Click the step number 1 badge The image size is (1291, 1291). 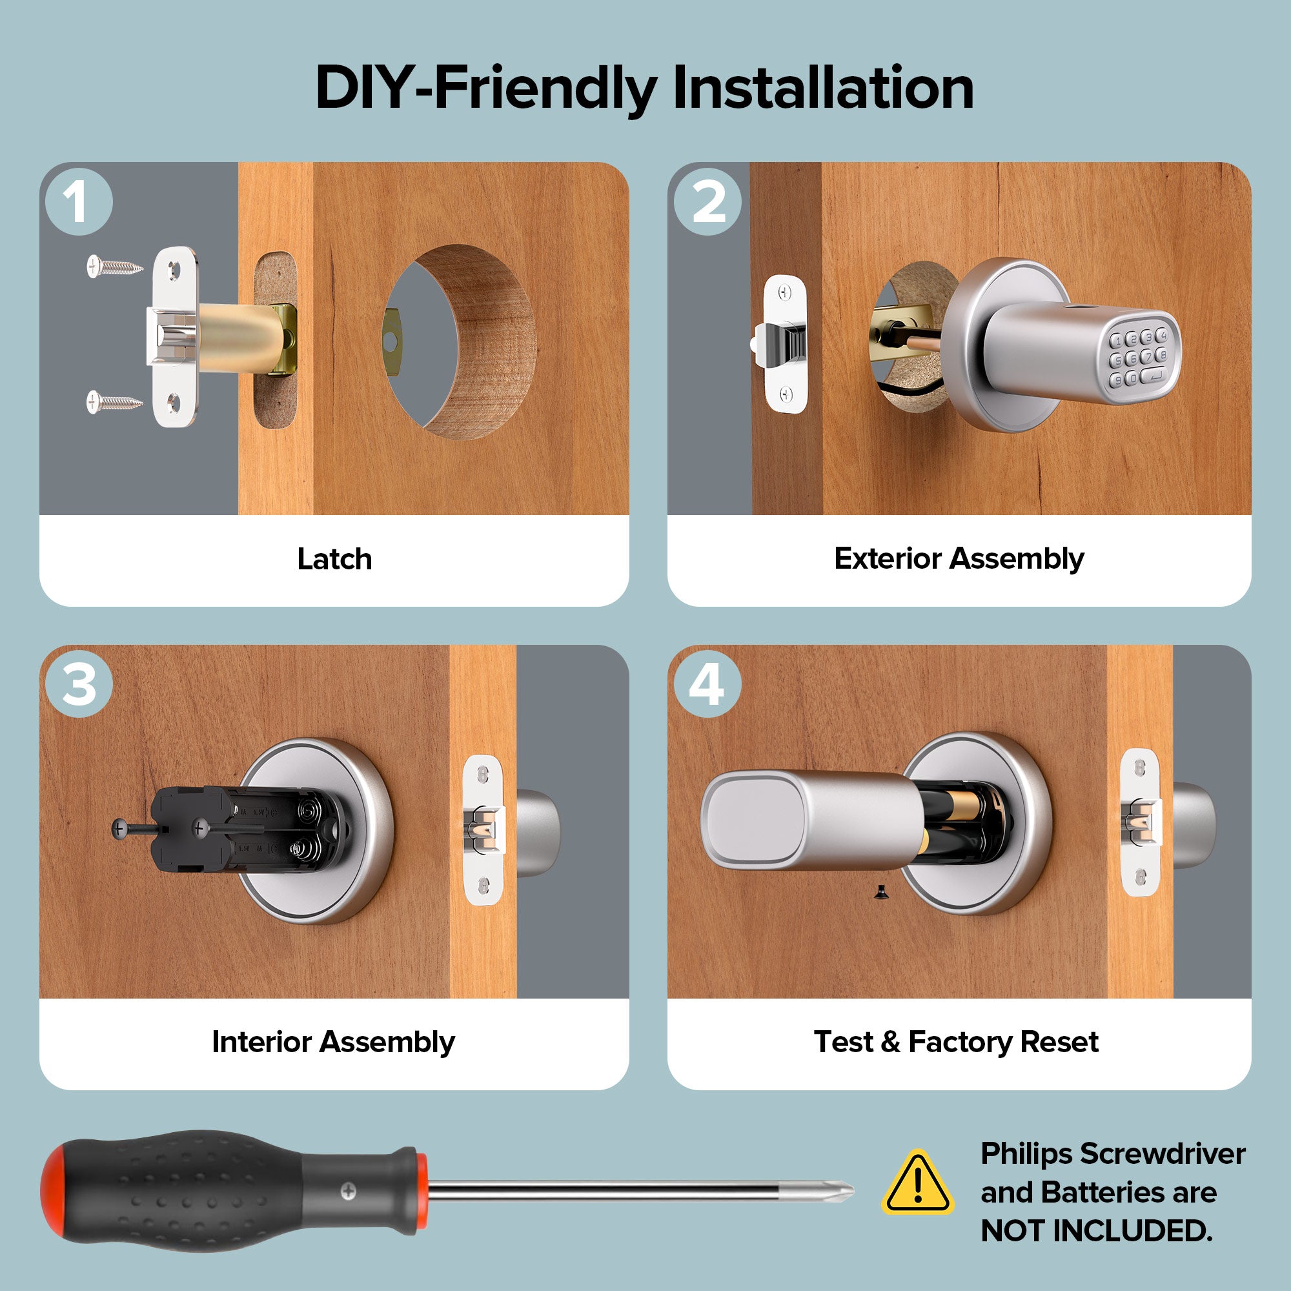(x=79, y=202)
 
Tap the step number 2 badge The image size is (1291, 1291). (x=707, y=202)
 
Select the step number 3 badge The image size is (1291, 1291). (x=79, y=684)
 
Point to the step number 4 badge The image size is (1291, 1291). (x=707, y=684)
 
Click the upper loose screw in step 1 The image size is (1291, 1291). (x=114, y=267)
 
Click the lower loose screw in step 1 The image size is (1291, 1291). (x=114, y=402)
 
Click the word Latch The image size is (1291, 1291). (x=334, y=559)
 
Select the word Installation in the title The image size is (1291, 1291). (x=822, y=88)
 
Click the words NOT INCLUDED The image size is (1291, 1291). (x=1096, y=1230)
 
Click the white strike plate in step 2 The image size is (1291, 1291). (x=785, y=344)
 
